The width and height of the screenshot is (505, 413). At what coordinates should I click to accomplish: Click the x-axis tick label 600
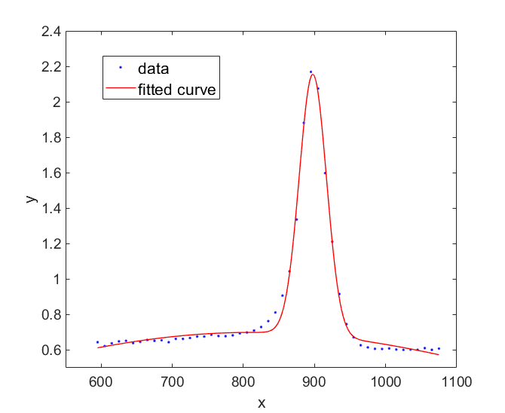(x=100, y=381)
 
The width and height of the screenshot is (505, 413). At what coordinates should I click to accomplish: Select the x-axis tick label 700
(x=172, y=381)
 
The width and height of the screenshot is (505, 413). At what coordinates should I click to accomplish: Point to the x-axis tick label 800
(x=243, y=381)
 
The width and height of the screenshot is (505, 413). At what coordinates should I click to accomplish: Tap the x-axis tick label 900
(x=314, y=381)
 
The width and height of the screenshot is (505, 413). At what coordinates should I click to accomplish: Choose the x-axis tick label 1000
(x=385, y=381)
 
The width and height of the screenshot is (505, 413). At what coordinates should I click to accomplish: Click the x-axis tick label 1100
(x=456, y=381)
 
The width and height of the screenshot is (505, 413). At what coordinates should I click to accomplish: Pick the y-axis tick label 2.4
(x=50, y=32)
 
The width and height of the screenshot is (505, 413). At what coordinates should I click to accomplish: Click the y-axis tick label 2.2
(x=50, y=67)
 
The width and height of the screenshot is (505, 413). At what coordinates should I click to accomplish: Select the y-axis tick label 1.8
(x=50, y=138)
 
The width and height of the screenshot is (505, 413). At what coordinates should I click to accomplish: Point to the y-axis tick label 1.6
(x=50, y=173)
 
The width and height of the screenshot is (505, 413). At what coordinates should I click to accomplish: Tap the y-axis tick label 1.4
(x=50, y=209)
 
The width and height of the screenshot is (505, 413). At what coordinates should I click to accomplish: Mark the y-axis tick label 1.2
(x=50, y=244)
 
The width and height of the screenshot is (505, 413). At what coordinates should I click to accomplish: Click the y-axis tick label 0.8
(x=50, y=315)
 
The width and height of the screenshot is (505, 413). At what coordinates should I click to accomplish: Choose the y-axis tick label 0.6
(x=50, y=350)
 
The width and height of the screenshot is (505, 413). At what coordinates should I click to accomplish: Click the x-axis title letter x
(x=262, y=402)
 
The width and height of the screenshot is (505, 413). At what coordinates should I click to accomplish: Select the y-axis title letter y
(x=31, y=199)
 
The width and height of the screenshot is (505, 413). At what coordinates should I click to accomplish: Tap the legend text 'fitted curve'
(x=177, y=90)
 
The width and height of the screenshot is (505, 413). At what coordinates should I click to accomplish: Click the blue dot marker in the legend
(x=120, y=68)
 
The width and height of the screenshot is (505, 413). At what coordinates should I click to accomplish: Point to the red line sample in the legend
(x=120, y=90)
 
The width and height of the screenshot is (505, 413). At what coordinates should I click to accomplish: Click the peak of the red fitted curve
(x=312, y=74)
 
